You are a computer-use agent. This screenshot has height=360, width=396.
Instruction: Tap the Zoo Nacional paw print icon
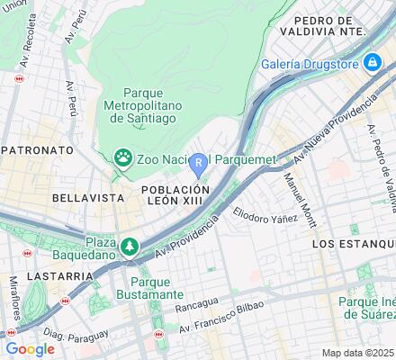click(122, 158)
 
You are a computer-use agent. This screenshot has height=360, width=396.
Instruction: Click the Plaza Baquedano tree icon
click(131, 246)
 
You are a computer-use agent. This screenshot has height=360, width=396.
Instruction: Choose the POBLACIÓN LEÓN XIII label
click(175, 196)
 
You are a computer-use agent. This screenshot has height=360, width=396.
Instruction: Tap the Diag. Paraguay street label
click(63, 335)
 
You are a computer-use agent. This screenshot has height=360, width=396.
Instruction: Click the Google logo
click(30, 348)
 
